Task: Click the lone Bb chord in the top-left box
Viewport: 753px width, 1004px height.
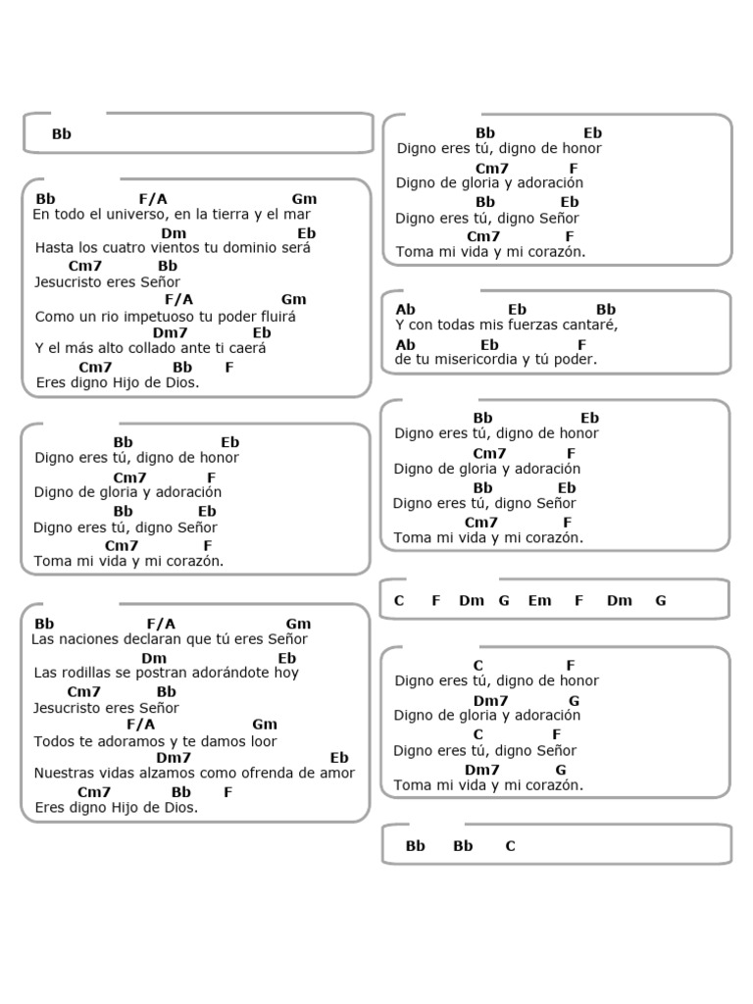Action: [x=62, y=134]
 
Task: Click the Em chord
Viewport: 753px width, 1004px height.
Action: [x=539, y=601]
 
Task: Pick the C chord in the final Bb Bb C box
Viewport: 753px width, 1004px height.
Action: [x=510, y=846]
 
